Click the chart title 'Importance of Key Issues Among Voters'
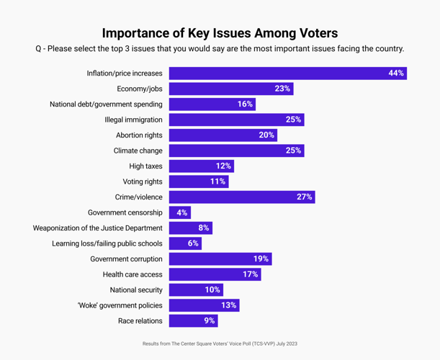[x=220, y=33]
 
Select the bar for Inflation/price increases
[x=287, y=73]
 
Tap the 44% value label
[x=395, y=73]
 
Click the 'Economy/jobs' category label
[x=140, y=89]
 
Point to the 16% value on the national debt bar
[x=245, y=104]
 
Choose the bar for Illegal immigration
[x=236, y=120]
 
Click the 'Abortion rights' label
[x=139, y=135]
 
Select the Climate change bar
[x=236, y=150]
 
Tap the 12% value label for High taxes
[x=223, y=166]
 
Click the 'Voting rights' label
[x=143, y=181]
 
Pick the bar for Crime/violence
[x=241, y=197]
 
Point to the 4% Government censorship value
[x=181, y=212]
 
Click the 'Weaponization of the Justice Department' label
[x=97, y=228]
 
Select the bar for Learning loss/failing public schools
[x=185, y=243]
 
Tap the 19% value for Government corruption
[x=261, y=259]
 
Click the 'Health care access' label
[x=133, y=274]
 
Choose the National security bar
[x=196, y=290]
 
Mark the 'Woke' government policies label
[x=120, y=305]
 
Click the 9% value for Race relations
[x=209, y=321]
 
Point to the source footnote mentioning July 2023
[x=220, y=344]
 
